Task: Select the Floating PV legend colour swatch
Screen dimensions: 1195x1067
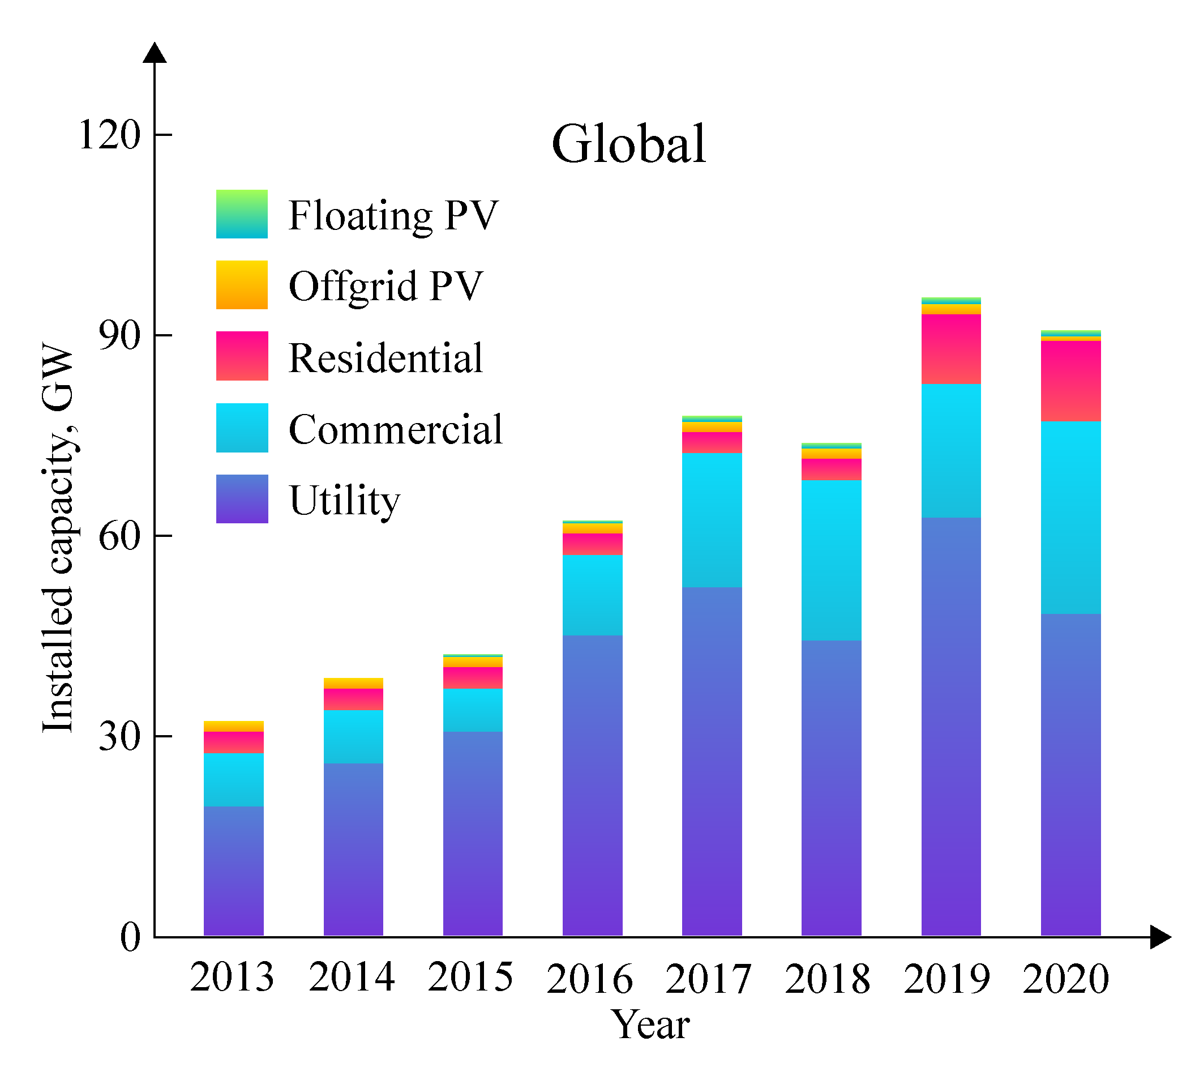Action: pos(242,214)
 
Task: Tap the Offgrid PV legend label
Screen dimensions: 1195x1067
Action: pos(386,286)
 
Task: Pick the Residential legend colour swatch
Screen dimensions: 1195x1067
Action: pos(242,356)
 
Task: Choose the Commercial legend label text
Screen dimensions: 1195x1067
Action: pos(396,429)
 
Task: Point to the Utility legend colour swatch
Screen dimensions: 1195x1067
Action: pos(242,499)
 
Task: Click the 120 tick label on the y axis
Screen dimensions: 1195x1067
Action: pos(110,135)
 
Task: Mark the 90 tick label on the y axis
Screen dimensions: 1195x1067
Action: pos(120,335)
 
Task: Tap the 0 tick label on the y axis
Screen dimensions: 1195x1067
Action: pos(131,937)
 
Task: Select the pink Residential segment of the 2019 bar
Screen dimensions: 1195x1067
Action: pos(951,349)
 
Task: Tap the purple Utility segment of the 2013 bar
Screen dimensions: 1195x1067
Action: pos(234,871)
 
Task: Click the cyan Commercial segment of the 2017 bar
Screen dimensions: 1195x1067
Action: pos(712,520)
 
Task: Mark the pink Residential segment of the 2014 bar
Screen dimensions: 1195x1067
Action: pos(353,699)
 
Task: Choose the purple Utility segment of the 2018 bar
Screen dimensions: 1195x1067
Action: pos(832,788)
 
